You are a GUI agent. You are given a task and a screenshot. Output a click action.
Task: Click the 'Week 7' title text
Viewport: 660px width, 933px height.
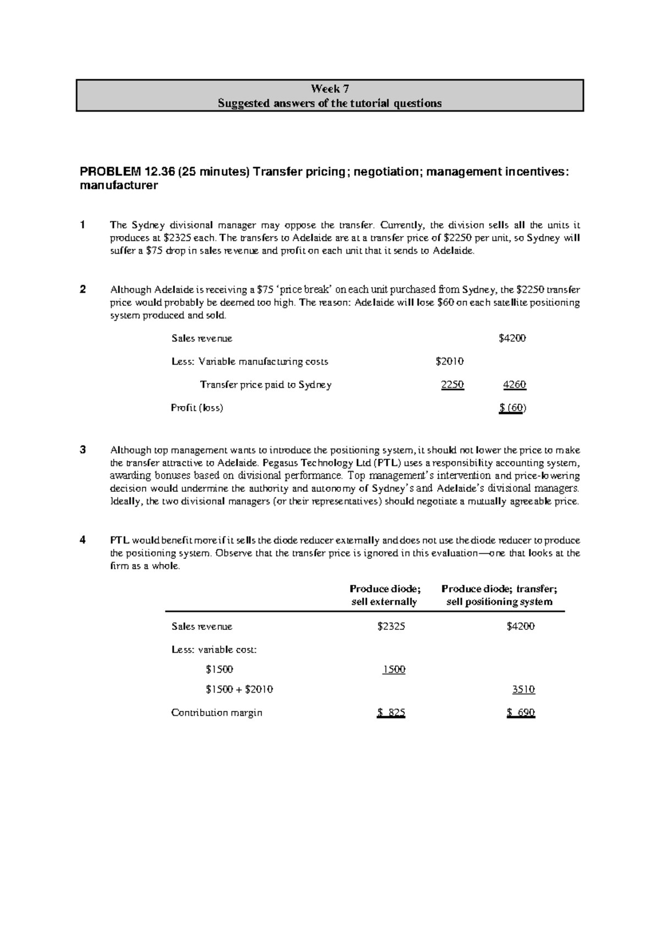tap(329, 89)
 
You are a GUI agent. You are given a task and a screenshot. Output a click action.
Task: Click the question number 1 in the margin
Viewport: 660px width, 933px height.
tap(82, 225)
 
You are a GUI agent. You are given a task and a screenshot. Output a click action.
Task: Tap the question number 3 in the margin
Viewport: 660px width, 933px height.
tap(82, 449)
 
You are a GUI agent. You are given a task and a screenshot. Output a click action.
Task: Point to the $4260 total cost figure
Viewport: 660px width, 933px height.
tap(515, 385)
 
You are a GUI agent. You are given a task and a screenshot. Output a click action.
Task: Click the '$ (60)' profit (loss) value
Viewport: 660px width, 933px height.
tap(513, 408)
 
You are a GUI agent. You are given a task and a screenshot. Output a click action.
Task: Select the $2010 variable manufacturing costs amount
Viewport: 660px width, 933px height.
tap(449, 361)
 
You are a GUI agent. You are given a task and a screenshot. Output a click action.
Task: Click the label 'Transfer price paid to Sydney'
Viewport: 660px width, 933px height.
tap(266, 385)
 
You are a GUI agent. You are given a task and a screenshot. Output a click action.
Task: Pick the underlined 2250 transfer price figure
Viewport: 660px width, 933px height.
tap(453, 385)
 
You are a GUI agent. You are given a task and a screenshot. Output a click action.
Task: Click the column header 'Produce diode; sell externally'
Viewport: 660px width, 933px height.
tap(384, 595)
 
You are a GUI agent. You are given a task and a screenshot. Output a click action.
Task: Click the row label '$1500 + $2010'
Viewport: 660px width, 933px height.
tap(239, 689)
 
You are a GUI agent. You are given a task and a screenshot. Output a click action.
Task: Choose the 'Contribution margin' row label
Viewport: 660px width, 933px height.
tap(217, 713)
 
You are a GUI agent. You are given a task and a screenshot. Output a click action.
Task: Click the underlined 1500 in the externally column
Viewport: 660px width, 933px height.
tap(394, 669)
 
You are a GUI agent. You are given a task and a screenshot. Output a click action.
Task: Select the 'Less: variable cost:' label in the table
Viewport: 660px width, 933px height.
tap(214, 650)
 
